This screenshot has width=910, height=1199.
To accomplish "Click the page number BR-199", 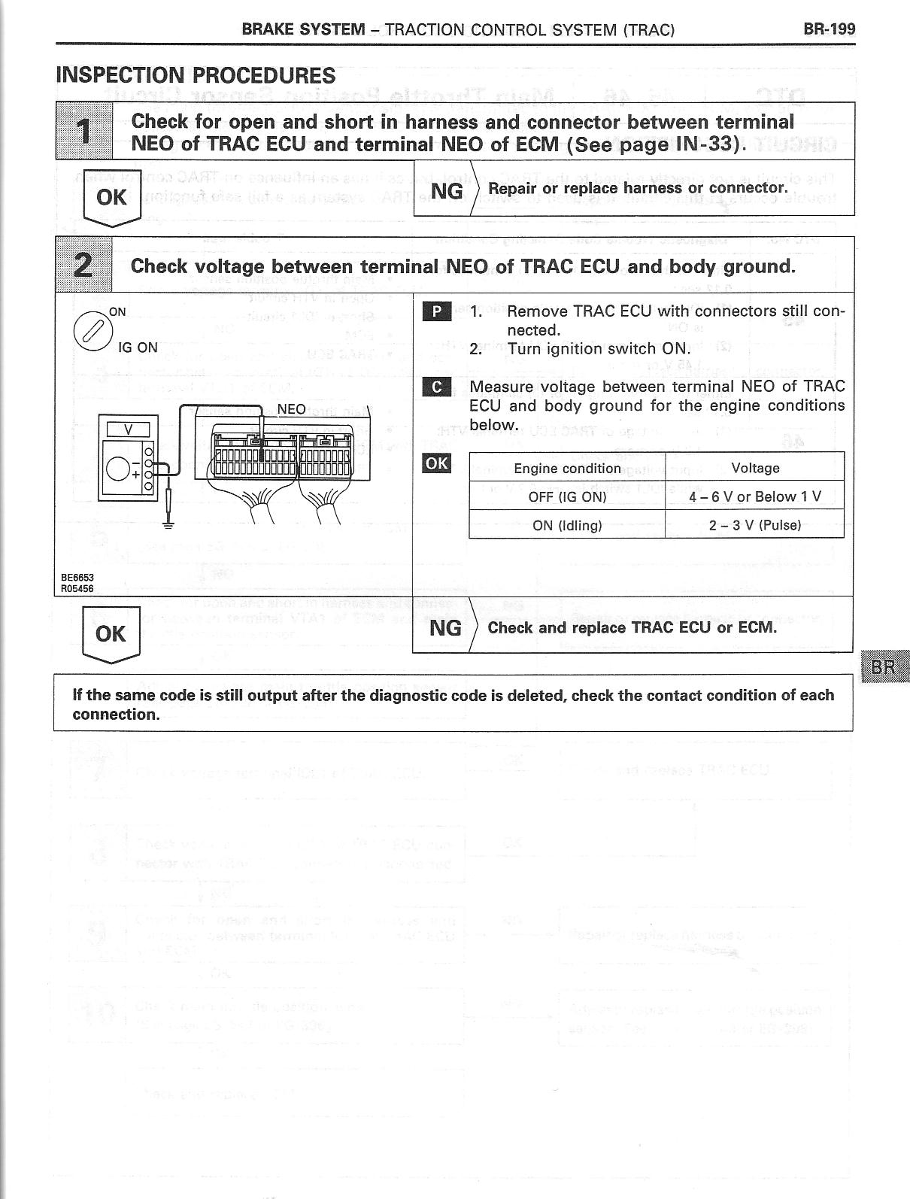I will tap(829, 29).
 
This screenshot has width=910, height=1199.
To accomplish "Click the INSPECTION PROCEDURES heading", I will tap(196, 75).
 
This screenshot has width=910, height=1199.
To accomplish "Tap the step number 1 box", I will tap(84, 131).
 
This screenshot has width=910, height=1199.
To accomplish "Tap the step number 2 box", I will tap(84, 265).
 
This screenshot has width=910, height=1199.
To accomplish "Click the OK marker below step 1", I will tap(111, 198).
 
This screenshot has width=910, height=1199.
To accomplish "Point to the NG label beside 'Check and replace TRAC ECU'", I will tap(444, 627).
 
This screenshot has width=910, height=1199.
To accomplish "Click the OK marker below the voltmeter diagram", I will tap(111, 634).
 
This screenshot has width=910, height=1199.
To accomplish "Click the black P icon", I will tap(437, 311).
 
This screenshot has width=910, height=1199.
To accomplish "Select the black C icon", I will tap(437, 387).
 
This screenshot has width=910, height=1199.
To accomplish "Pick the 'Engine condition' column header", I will tap(567, 469).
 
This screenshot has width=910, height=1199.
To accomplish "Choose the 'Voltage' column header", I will tap(755, 468).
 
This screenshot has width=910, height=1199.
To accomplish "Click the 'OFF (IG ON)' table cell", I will tap(567, 497).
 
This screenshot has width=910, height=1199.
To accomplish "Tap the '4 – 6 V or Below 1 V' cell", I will tap(755, 497).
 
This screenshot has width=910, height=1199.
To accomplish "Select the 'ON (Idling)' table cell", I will tap(567, 526).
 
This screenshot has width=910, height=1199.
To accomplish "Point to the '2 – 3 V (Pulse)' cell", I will tap(755, 525).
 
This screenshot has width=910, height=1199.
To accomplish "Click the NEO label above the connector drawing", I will tap(292, 410).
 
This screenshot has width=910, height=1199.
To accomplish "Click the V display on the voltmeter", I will tap(127, 430).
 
